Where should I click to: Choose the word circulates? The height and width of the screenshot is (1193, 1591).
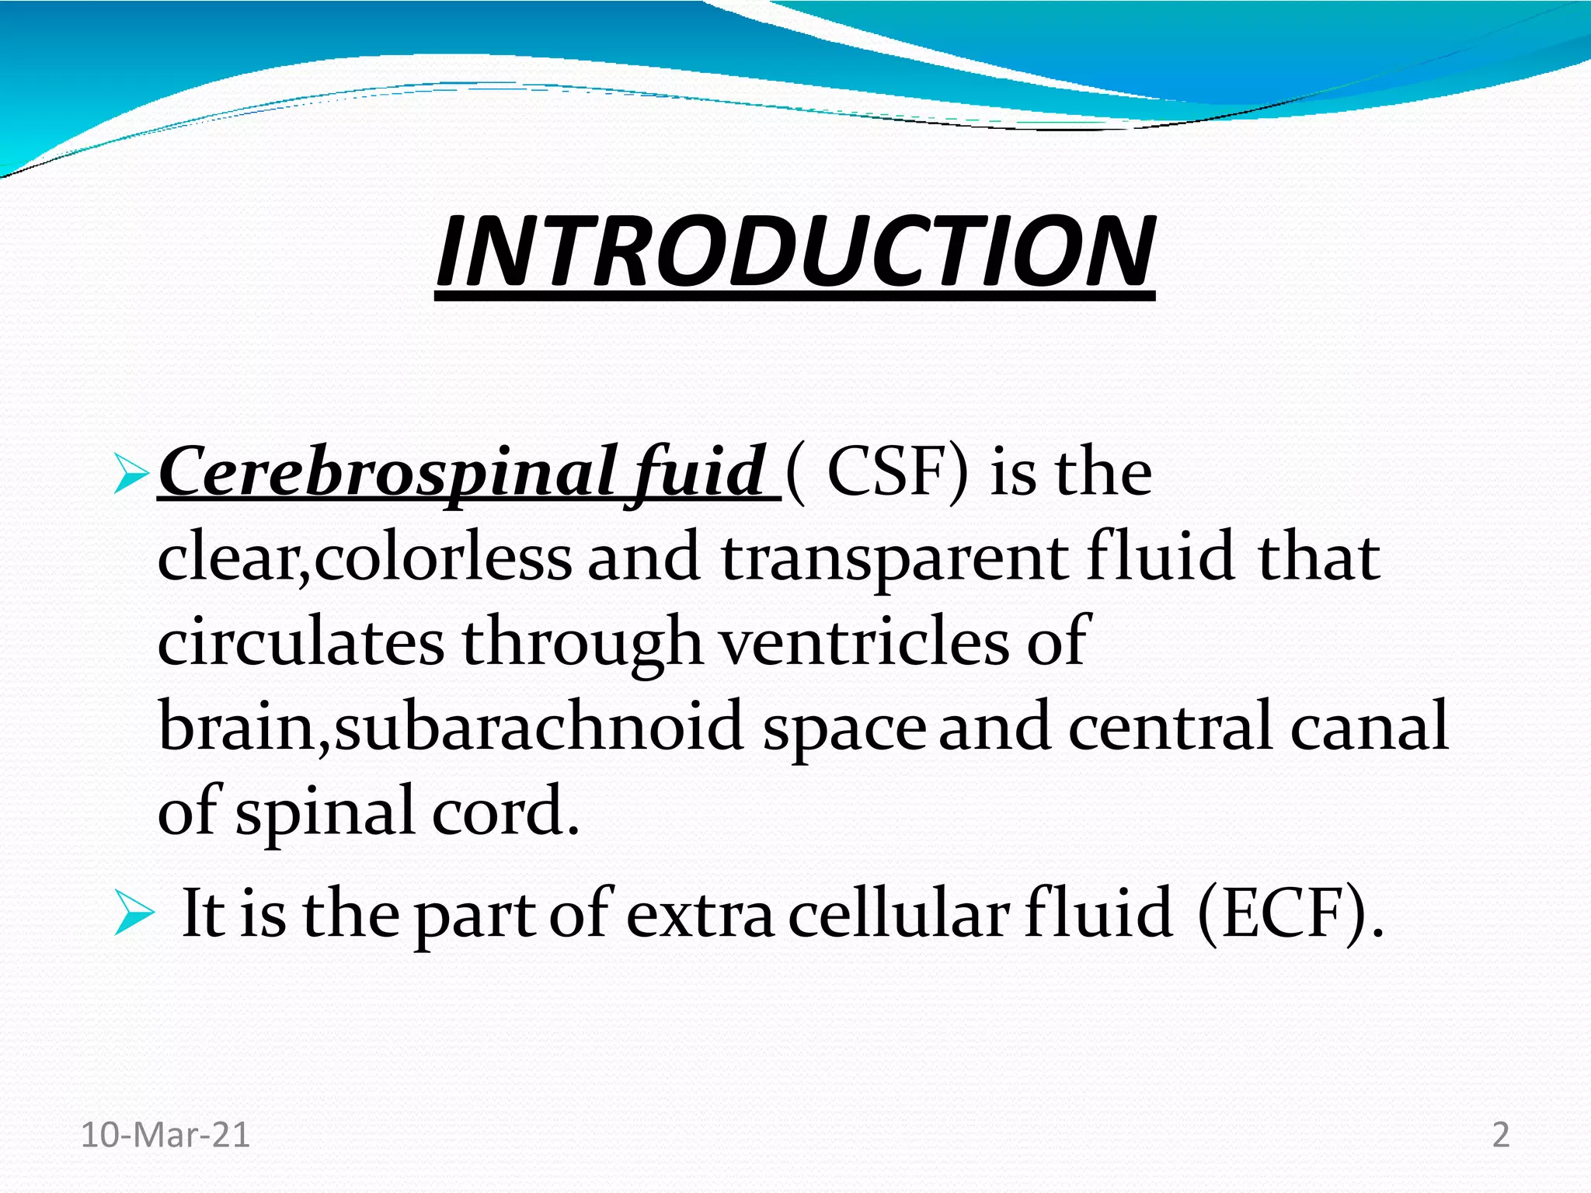point(301,643)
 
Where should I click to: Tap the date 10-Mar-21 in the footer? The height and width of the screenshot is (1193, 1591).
point(165,1135)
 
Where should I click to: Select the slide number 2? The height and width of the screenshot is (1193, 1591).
point(1501,1135)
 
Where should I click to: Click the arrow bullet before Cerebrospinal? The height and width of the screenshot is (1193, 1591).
point(130,475)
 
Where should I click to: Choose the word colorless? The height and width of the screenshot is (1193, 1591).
point(444,559)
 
